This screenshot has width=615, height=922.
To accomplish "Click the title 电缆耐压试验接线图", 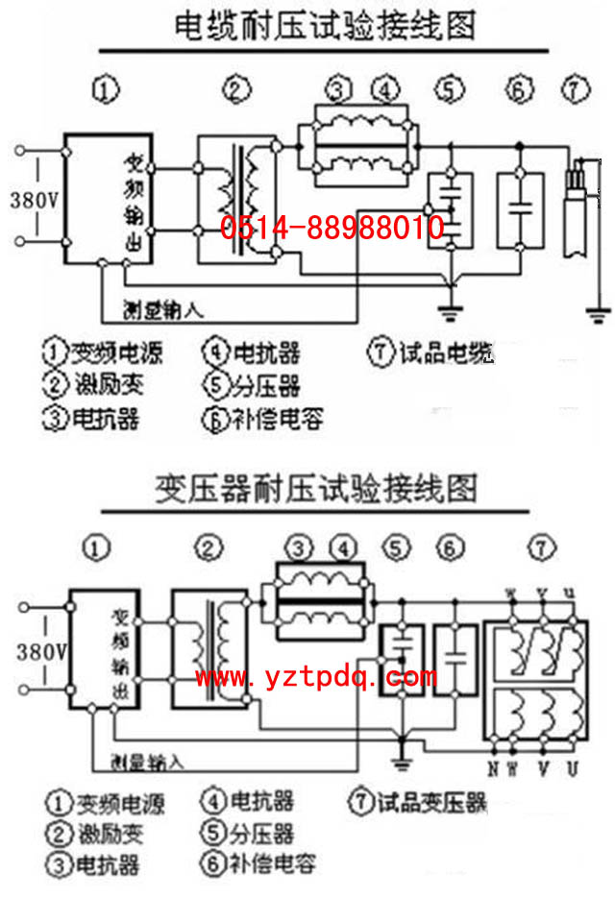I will click(325, 26).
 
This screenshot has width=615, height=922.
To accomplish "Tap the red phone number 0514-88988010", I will click(332, 228).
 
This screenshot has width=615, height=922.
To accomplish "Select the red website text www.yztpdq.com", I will click(316, 678).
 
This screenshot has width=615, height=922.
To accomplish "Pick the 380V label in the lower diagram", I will click(40, 652).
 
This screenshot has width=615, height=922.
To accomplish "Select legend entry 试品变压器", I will click(420, 801).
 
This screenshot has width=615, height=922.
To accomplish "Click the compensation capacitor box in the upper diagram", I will click(520, 209).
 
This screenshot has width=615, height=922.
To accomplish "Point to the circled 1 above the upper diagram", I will click(107, 91).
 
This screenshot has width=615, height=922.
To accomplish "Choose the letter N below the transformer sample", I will click(491, 767).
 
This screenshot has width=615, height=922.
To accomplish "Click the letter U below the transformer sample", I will click(573, 767).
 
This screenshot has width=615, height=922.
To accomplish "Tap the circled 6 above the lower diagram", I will click(448, 548).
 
